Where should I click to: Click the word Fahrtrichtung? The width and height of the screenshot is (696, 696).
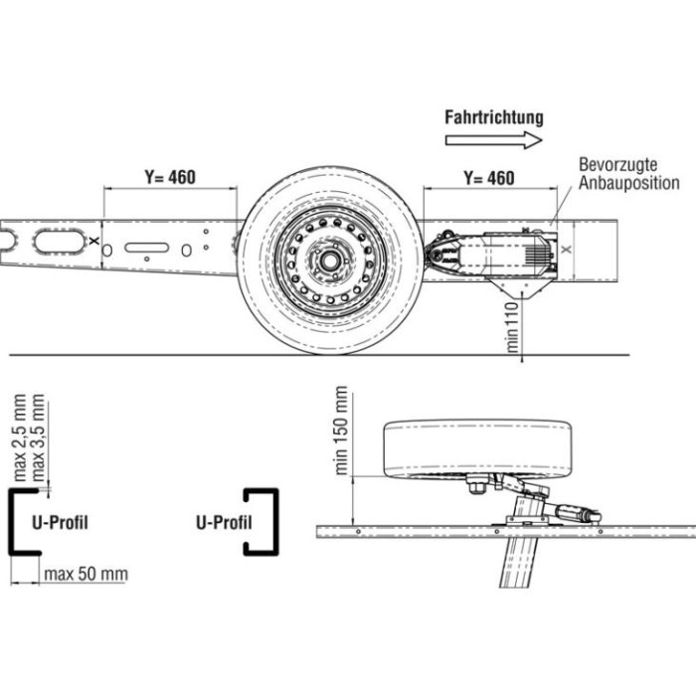tap(493, 116)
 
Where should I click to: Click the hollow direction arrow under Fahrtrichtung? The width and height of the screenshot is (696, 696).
tap(493, 140)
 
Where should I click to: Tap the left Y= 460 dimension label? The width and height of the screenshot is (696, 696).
tap(169, 178)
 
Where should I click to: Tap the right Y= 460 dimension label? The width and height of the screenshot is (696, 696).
tap(489, 178)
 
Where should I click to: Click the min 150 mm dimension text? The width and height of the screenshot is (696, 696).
tap(342, 430)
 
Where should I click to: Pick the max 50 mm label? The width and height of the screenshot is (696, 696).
tap(86, 574)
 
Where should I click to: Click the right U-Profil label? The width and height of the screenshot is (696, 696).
tap(224, 522)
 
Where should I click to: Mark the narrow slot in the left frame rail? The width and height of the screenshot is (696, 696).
tap(145, 248)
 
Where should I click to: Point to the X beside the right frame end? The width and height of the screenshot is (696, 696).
tap(567, 252)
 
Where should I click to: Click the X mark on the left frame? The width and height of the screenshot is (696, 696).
tap(92, 241)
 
